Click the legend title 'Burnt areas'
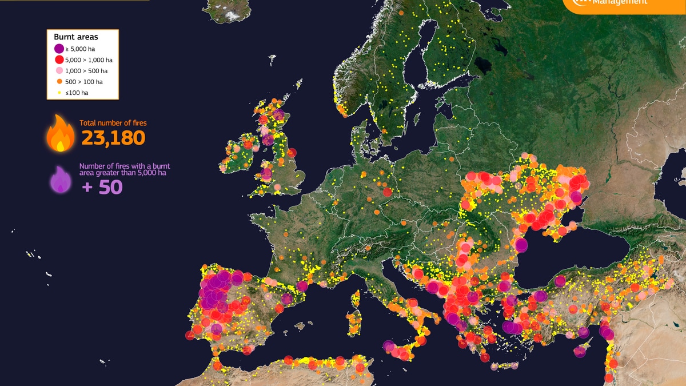point(76,37)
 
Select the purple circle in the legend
point(59,49)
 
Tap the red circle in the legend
point(59,60)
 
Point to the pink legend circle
point(59,71)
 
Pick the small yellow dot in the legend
point(59,92)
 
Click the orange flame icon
point(60,133)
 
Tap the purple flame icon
point(61,180)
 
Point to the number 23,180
point(113,138)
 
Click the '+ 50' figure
point(102,186)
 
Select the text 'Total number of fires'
point(113,123)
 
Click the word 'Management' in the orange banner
point(620,2)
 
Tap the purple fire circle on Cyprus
point(580,351)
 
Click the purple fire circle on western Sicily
point(389,346)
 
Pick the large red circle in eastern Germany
point(388,192)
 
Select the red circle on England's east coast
point(292,153)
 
